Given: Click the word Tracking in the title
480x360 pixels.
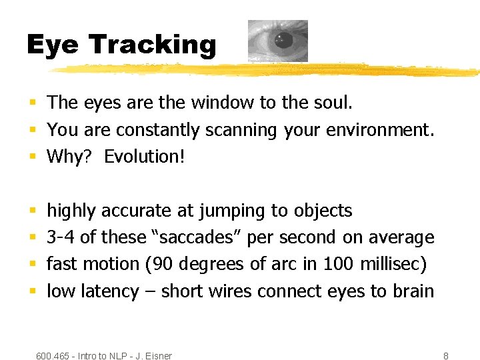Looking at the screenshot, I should (153, 45).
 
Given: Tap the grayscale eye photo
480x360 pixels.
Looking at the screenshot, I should (278, 41).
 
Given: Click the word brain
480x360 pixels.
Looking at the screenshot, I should (412, 291).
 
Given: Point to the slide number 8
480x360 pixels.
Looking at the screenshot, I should (445, 356).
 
